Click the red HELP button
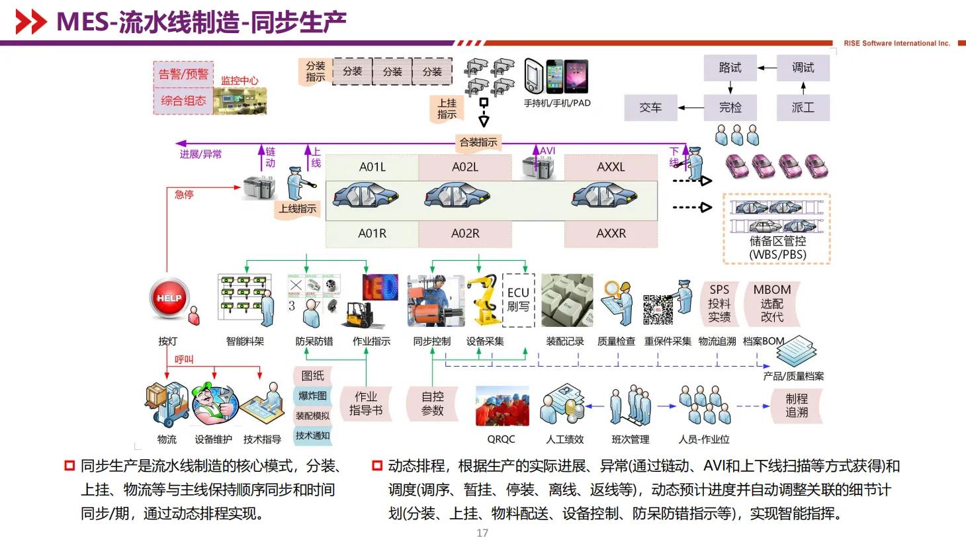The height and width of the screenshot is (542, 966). coord(169,298)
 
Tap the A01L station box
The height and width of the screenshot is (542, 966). coord(372,167)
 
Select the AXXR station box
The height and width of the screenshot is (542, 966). coord(611,234)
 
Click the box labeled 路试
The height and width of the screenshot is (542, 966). coord(730,68)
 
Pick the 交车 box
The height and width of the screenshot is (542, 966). coord(650,107)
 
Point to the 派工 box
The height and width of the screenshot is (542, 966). coord(803,107)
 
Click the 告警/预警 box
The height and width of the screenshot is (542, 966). coord(183,74)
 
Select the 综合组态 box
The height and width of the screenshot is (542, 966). coord(183,101)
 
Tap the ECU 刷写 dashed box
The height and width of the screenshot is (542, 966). coord(518,300)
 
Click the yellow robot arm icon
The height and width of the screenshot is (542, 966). coord(484,300)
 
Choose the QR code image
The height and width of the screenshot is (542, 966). coord(658,309)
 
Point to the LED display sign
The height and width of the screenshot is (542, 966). coord(380,288)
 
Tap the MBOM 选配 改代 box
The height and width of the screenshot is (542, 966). coord(771,303)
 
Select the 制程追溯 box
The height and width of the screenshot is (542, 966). coord(797,405)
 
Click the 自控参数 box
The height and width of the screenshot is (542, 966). coord(432,404)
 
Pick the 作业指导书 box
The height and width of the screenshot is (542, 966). coord(365,404)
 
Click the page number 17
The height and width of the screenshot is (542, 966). coord(482,533)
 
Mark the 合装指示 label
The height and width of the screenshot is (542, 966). coord(478,142)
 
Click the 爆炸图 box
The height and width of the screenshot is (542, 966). coord(312,396)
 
